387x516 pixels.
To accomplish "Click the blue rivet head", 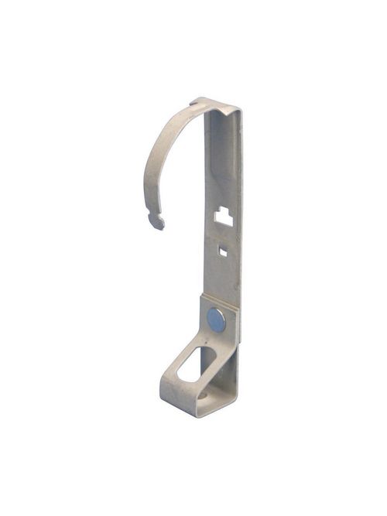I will coord(217,319).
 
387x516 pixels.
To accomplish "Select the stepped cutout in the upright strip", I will coord(224,217).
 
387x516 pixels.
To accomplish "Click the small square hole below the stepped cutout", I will coord(223,250).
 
